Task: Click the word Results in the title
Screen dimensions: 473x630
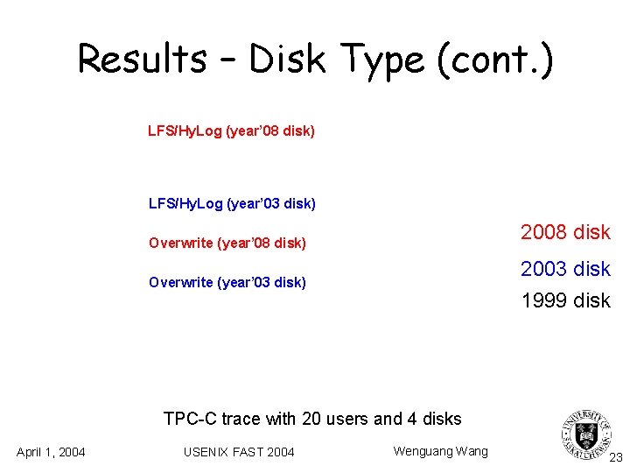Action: (x=143, y=60)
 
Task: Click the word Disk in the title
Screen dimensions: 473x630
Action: (x=287, y=60)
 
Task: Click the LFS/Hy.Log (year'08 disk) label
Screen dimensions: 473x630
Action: (x=231, y=131)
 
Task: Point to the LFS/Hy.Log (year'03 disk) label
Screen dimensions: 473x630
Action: (x=231, y=204)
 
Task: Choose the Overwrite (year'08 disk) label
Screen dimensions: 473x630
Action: (x=227, y=243)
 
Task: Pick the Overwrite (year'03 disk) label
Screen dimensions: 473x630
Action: (x=227, y=282)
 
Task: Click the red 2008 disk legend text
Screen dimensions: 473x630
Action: (x=565, y=232)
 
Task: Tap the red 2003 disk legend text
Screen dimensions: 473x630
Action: (x=565, y=268)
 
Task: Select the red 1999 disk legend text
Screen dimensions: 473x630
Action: (x=565, y=300)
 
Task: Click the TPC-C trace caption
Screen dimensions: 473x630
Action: (x=312, y=419)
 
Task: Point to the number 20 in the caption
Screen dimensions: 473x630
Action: (x=311, y=419)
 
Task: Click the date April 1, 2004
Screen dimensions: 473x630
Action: (x=51, y=452)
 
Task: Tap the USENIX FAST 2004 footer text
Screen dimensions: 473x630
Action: (x=239, y=452)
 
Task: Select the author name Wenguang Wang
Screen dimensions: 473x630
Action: (x=440, y=451)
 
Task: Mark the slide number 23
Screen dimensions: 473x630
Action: (x=615, y=457)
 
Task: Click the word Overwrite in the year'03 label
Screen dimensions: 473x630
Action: (x=180, y=282)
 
